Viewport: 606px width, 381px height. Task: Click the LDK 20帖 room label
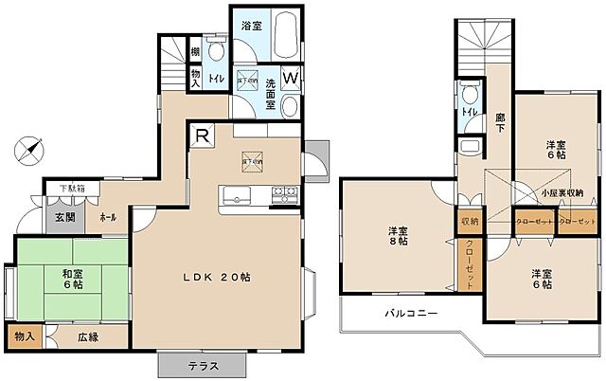pyautogui.click(x=216, y=278)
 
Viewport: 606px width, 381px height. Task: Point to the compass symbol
pyautogui.click(x=30, y=150)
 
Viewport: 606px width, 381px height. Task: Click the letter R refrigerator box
pyautogui.click(x=202, y=136)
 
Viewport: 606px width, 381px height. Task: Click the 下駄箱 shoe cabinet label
pyautogui.click(x=60, y=189)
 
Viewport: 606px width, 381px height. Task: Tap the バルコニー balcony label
pyautogui.click(x=409, y=312)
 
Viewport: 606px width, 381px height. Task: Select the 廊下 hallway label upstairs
pyautogui.click(x=498, y=120)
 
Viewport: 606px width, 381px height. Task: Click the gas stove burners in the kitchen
pyautogui.click(x=284, y=196)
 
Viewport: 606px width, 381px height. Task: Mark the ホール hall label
pyautogui.click(x=107, y=217)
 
